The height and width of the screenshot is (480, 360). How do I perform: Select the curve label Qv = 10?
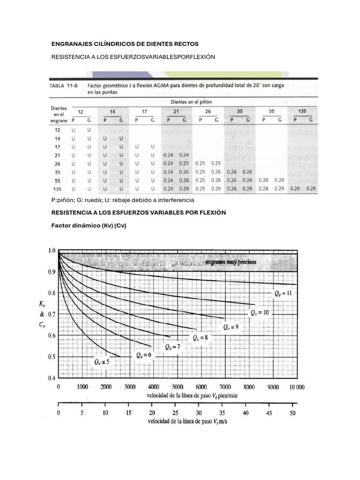pos(259,312)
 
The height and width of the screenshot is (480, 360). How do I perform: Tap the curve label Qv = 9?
pos(231,327)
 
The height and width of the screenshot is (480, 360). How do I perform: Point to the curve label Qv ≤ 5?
pos(102,362)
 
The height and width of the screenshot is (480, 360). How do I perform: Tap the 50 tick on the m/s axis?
pos(293,413)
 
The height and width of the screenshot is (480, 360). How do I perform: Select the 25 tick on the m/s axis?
pos(175,413)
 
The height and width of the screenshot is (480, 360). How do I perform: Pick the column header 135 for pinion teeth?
pos(302,112)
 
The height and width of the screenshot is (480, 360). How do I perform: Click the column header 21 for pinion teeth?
pos(176,112)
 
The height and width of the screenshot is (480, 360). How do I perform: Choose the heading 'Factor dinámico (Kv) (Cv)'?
pos(89,225)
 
